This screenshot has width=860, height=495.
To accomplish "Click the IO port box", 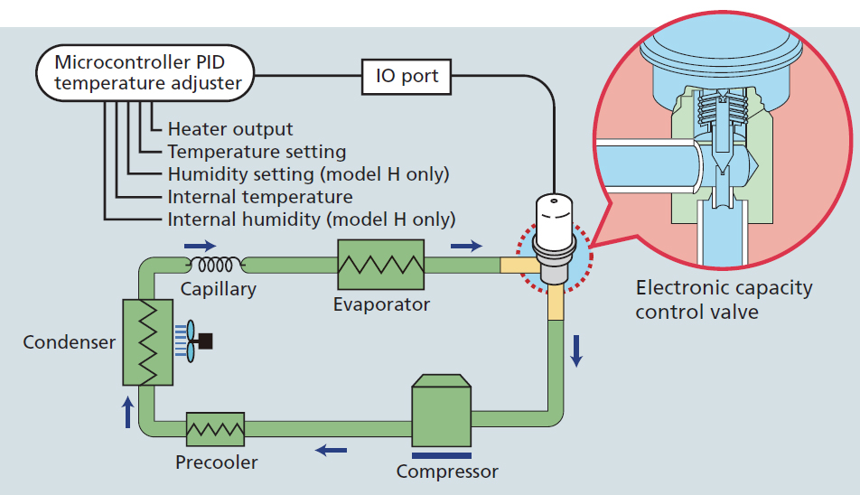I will click(x=407, y=77).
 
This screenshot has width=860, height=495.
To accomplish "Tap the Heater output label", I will click(x=230, y=130).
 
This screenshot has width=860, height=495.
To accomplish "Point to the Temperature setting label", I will click(x=257, y=152).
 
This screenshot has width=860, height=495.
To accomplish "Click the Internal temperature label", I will click(x=260, y=196).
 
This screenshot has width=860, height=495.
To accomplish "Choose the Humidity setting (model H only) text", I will click(x=308, y=173).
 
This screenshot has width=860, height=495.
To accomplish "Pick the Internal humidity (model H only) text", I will click(x=312, y=219).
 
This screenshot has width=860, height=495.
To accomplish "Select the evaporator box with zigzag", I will click(x=380, y=265).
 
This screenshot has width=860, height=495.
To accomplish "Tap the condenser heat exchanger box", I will click(x=145, y=341).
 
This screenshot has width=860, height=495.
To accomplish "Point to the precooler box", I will click(x=216, y=430).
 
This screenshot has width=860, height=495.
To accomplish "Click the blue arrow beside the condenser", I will click(x=129, y=412).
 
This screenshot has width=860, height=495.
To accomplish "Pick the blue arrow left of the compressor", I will click(x=330, y=449).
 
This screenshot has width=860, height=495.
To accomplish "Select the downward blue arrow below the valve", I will click(x=576, y=350).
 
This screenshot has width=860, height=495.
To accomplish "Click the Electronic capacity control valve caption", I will click(x=724, y=300).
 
